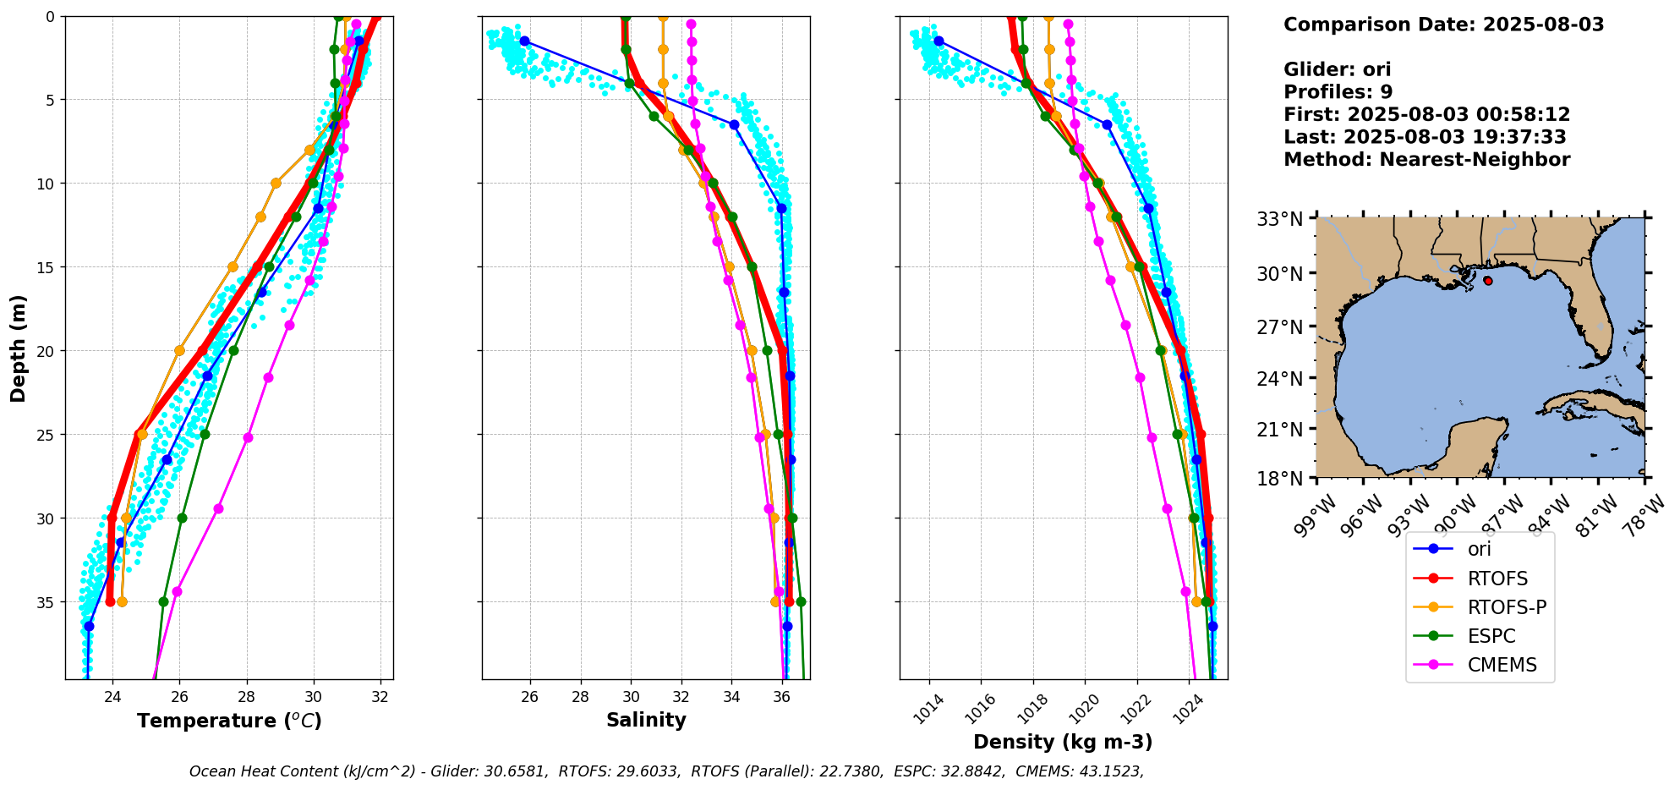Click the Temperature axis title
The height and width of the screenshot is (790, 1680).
coord(229,721)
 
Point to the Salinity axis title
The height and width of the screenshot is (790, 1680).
coord(646,720)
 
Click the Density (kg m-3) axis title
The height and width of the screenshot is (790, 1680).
coord(1063,742)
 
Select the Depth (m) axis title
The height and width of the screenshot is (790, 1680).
coord(19,348)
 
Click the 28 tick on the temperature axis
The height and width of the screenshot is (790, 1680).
coord(247,696)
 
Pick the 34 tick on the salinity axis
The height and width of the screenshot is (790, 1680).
coord(732,696)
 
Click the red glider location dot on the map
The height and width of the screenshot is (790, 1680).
coord(1487,281)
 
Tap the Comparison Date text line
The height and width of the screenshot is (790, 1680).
coord(1443,25)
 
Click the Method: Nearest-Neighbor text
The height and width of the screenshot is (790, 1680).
coord(1426,160)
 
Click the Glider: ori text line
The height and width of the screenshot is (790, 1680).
coord(1337,70)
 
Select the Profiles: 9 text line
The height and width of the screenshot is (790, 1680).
coord(1338,92)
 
